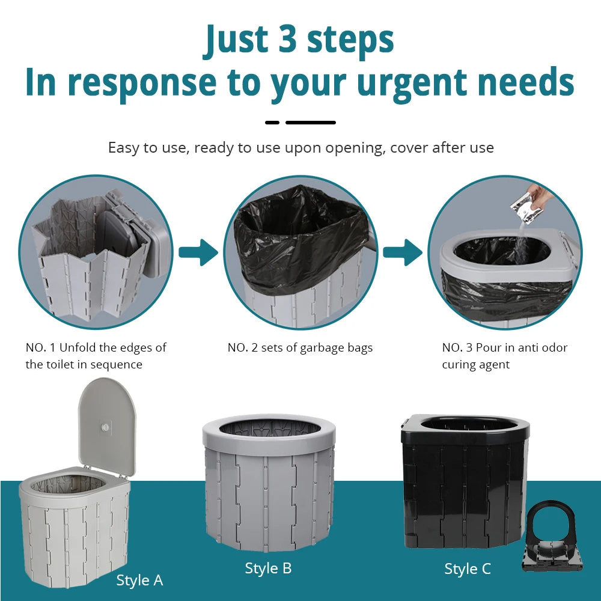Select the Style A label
(x=139, y=580)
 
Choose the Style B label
(x=268, y=568)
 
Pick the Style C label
(x=468, y=569)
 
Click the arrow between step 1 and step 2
(x=198, y=252)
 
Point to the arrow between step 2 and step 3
(x=403, y=252)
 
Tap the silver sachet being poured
(x=523, y=204)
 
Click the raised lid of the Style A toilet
(x=107, y=421)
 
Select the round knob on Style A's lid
(x=106, y=427)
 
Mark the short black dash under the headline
(x=272, y=123)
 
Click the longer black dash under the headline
(x=310, y=123)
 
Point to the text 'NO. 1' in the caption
(x=40, y=347)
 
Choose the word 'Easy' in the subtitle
(x=122, y=147)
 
